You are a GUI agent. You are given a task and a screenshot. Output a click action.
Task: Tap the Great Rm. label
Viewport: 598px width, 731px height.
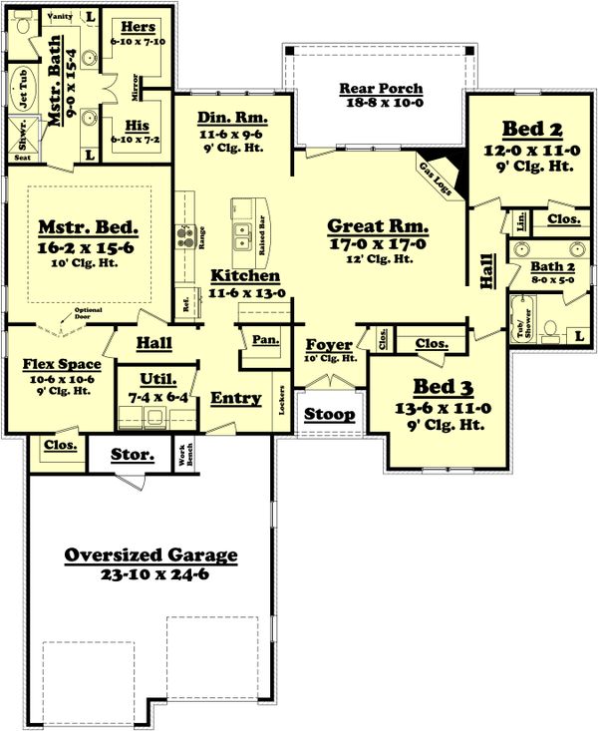tap(378, 225)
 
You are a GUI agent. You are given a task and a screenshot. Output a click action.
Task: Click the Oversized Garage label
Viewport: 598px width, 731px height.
tap(150, 555)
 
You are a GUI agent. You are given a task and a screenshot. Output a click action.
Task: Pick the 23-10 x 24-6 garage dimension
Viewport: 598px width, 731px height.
tap(150, 574)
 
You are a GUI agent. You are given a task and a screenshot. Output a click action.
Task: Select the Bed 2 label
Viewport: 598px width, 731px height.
tap(531, 129)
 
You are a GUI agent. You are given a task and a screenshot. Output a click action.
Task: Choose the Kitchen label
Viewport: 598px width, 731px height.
tap(245, 275)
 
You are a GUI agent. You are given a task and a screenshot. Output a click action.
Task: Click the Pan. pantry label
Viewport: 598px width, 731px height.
tap(264, 340)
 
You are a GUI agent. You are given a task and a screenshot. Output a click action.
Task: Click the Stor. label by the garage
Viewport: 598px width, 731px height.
tap(133, 456)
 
